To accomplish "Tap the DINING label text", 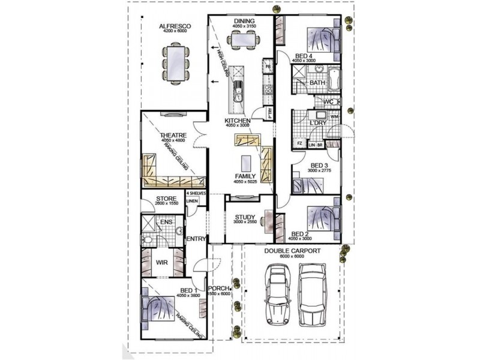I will point(245,22).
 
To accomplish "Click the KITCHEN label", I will point(237,121).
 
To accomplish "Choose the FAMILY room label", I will point(245,177).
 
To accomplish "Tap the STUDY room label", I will point(245,217).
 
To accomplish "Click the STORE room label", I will point(166,198).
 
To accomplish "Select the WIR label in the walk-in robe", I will point(162,263).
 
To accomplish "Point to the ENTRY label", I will point(196,239).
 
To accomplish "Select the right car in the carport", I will point(313,293).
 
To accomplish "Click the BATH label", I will point(317,83).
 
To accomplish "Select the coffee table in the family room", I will point(245,163).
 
